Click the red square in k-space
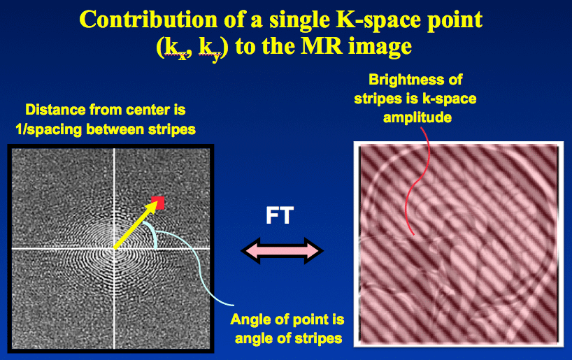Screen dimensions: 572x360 click(x=158, y=203)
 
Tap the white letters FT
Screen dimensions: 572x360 click(x=280, y=215)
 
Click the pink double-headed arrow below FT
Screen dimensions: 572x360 click(x=282, y=250)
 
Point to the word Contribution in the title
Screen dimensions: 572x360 click(x=148, y=20)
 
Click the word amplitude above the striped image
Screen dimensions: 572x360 click(x=417, y=118)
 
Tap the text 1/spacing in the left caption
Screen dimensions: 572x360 click(x=48, y=129)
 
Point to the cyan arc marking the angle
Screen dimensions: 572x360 click(x=152, y=232)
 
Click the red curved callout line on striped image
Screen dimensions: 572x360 click(x=418, y=181)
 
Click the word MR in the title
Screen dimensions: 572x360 click(x=321, y=47)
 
